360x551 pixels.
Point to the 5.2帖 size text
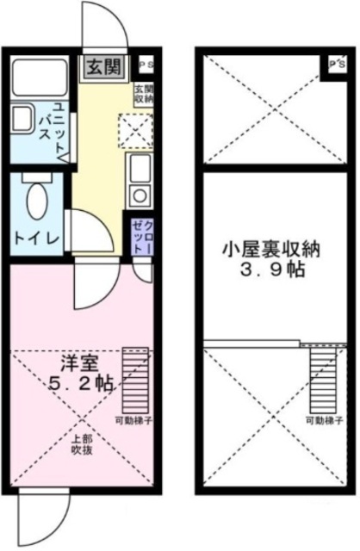click(x=81, y=385)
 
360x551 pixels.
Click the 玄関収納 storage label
click(x=143, y=95)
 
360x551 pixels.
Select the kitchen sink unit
click(x=139, y=177)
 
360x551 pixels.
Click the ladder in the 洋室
click(x=136, y=380)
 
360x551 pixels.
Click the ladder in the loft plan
click(x=321, y=380)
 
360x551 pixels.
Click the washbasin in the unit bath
click(x=21, y=118)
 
